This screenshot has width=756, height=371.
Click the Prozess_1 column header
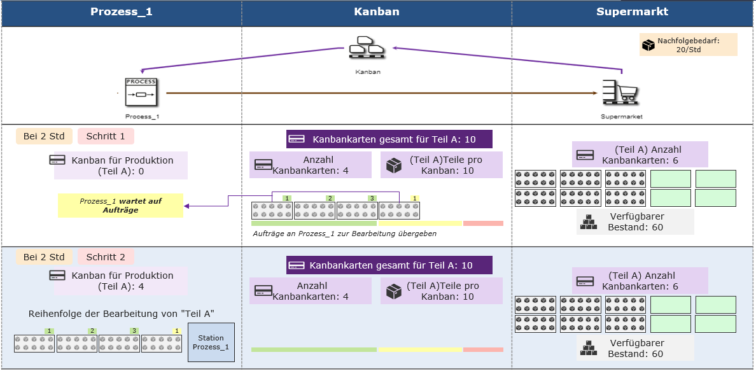coord(122,12)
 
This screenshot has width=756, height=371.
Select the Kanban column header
coord(376,12)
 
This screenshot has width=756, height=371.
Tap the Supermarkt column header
coord(633,12)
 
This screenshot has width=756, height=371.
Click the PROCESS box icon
coord(140,92)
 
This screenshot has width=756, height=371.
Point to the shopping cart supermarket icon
coord(620,92)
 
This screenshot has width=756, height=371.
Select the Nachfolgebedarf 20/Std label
coord(688,45)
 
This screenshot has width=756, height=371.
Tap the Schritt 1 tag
coord(106,137)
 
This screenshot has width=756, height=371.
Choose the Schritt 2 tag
coord(106,257)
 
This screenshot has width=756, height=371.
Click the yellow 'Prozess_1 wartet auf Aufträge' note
coord(120,206)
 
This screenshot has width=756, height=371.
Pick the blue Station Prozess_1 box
coord(211,342)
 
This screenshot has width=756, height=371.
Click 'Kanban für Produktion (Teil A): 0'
coord(120,165)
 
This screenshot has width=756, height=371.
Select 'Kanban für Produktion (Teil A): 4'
coord(120,281)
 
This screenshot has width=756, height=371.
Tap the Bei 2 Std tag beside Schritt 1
coord(44,137)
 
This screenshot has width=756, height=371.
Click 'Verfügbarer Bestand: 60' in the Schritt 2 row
coord(636,348)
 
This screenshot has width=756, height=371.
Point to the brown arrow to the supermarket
coord(381,92)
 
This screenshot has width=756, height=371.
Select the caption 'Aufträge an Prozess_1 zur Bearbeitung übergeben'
coord(345,234)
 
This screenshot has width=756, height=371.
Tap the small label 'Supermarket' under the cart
coord(621,116)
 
